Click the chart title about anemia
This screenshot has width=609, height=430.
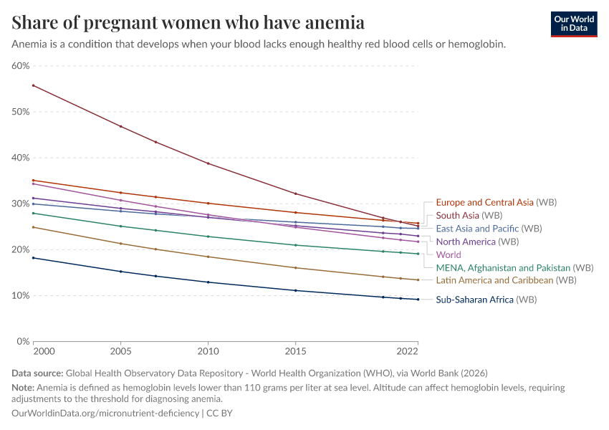pos(188,22)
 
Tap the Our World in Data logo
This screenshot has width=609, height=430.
pos(574,24)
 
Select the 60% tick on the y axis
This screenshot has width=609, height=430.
pos(20,66)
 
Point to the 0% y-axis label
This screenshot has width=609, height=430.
pos(22,341)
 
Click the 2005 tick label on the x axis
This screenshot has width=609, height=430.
pos(120,351)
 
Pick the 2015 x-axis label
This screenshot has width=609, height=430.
pos(295,351)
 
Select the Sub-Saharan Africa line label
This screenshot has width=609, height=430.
pos(474,300)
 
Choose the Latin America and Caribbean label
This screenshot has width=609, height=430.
pos(494,280)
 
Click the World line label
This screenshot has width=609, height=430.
pos(449,254)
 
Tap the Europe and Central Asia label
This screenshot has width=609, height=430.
pos(484,202)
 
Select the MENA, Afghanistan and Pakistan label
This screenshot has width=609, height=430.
pos(503,267)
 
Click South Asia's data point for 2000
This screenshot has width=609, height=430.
pos(33,85)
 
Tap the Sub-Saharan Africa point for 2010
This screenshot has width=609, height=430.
pos(208,282)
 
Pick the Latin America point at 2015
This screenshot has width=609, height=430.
pos(295,268)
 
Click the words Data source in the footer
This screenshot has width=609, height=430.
pos(37,373)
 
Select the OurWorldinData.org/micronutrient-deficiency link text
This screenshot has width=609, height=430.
pos(105,414)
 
